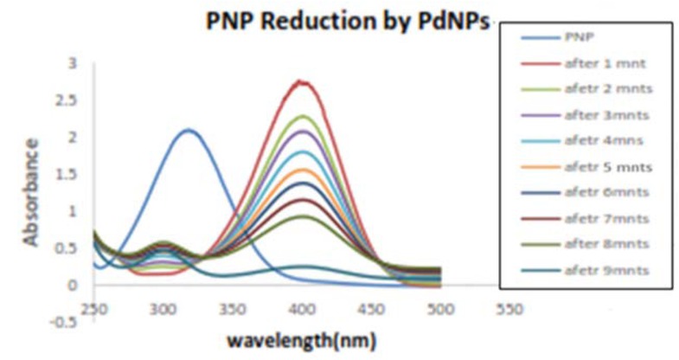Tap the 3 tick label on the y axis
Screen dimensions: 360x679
(x=73, y=63)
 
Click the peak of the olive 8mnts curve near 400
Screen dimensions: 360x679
(x=303, y=215)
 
